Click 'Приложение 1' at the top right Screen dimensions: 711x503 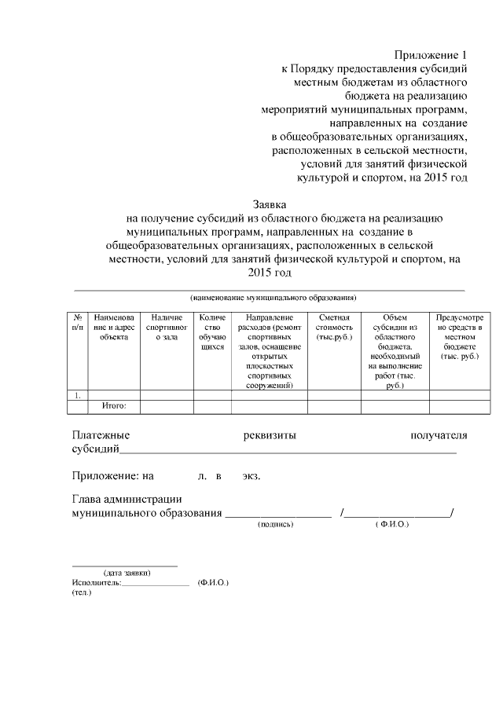pos(431,55)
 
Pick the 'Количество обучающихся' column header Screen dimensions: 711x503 pos(212,331)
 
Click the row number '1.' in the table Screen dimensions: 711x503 pos(78,395)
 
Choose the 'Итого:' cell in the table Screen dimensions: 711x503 pos(115,406)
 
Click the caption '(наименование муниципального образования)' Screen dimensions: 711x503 pos(274,298)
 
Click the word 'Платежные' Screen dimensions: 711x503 pos(101,435)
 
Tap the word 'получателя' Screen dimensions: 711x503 pos(439,435)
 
